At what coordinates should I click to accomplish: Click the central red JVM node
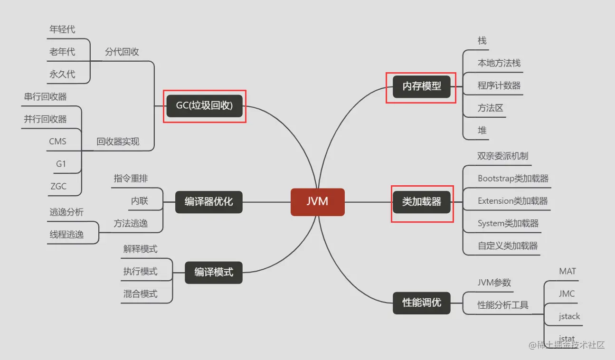317,202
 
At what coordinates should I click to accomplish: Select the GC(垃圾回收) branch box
205,106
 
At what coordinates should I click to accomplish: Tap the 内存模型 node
422,86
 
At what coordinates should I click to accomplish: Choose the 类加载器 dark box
422,202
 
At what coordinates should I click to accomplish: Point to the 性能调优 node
422,303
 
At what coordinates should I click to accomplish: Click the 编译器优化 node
209,202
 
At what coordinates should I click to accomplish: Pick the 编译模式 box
214,273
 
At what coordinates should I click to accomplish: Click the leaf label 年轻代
62,29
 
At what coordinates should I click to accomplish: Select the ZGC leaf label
58,186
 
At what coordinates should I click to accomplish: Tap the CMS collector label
57,142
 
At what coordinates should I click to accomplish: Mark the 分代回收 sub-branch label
122,52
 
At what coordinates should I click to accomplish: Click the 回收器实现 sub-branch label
118,142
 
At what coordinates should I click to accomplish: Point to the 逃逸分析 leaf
66,212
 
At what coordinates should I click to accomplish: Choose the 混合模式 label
140,294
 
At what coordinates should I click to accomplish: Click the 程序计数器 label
499,86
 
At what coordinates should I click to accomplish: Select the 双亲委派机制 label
503,156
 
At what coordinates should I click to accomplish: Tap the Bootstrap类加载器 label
513,179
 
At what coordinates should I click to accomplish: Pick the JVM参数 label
494,283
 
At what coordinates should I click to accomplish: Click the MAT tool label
568,271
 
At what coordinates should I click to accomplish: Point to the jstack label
569,316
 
